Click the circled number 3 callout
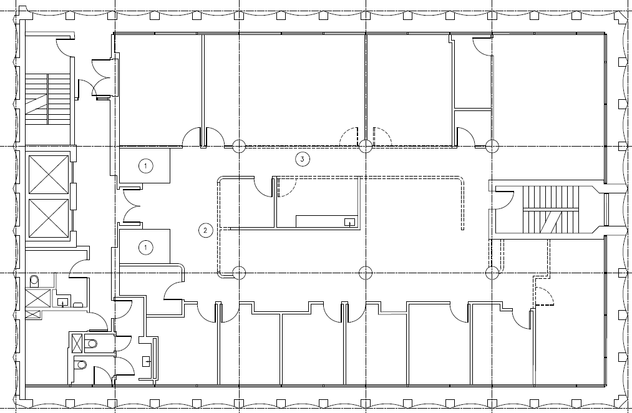click(302, 160)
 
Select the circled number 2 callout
click(204, 230)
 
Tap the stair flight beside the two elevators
click(47, 99)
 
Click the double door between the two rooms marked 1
click(132, 206)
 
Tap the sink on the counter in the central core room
click(349, 221)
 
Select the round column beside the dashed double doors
click(365, 146)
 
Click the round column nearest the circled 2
click(238, 272)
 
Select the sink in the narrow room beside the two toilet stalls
click(147, 361)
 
